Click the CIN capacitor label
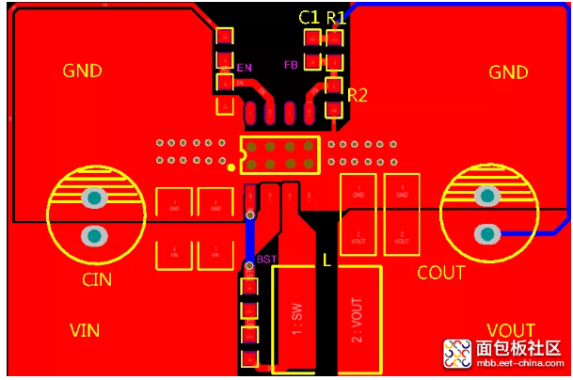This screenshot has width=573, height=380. (x=96, y=278)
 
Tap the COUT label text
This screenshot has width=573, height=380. (x=440, y=273)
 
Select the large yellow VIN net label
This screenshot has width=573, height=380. (x=86, y=330)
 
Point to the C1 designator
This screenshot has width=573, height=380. (x=309, y=17)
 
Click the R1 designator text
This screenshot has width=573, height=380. (x=336, y=17)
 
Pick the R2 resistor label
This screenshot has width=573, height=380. (x=357, y=94)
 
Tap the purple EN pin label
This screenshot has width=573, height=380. (x=245, y=68)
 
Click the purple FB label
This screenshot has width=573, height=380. (x=292, y=65)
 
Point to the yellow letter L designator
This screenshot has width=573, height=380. (x=326, y=261)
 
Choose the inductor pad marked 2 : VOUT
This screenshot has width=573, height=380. (x=359, y=318)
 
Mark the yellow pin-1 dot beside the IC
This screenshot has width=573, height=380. (x=231, y=168)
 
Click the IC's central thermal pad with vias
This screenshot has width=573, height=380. (x=279, y=155)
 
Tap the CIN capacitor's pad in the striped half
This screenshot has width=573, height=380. (x=94, y=198)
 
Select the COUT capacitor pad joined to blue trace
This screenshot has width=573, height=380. (x=486, y=233)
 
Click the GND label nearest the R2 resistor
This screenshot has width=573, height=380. (x=508, y=71)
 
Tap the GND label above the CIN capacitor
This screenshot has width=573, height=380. (x=82, y=71)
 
